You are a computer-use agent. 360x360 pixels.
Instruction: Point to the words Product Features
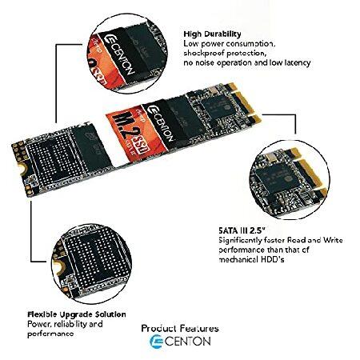(x=180, y=328)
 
